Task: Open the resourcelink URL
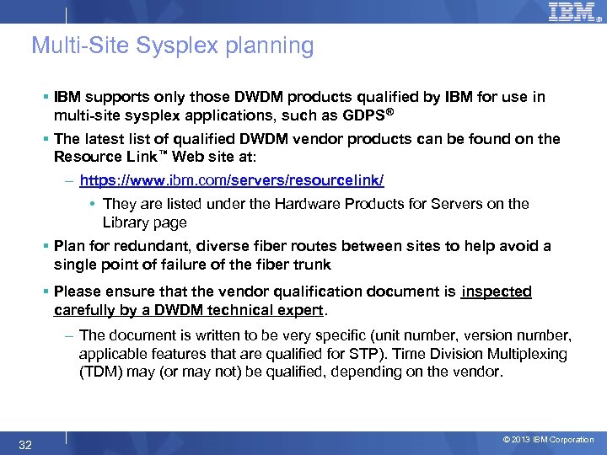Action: [x=232, y=180]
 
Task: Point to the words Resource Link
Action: [x=94, y=157]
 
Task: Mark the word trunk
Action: [x=313, y=265]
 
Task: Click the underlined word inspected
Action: [x=497, y=292]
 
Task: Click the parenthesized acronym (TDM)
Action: [x=100, y=372]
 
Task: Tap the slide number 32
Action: [x=25, y=444]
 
